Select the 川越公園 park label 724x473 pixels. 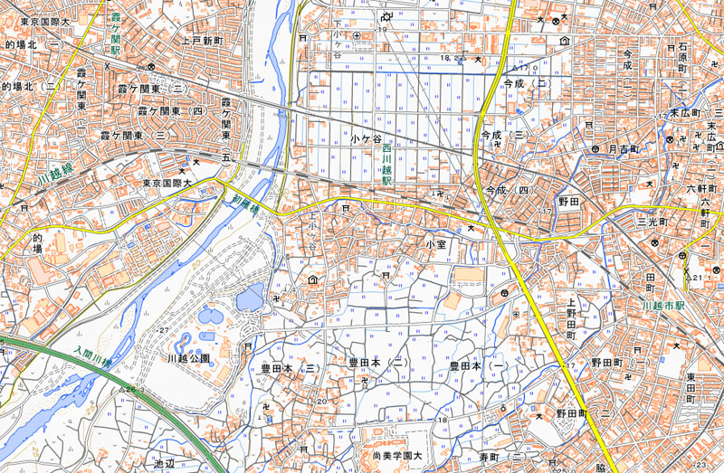(x=188, y=358)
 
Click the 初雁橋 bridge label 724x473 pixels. (x=245, y=205)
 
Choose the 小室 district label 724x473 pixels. (x=437, y=245)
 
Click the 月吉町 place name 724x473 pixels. (x=624, y=147)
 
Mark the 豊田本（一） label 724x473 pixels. (x=475, y=366)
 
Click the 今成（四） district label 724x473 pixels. (x=506, y=191)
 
